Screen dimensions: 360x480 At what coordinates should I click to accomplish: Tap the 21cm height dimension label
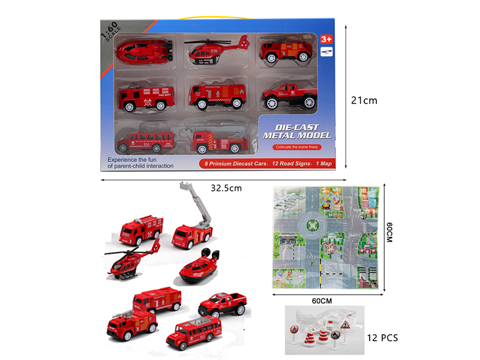[x=364, y=100]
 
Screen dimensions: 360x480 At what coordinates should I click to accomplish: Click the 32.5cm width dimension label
[x=226, y=188]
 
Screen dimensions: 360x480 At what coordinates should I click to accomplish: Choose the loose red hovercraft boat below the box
[x=199, y=266]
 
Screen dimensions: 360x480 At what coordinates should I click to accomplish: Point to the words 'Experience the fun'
[x=139, y=159]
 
